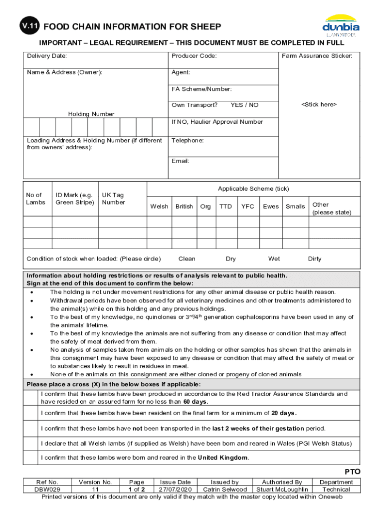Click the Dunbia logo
341,25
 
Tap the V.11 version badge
30,27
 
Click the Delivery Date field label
47,56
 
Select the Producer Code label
194,56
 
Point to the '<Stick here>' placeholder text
319,104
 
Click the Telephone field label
188,141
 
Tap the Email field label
181,161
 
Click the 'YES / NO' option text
244,105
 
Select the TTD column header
225,206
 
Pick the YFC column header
247,206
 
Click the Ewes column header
271,206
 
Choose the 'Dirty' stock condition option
315,258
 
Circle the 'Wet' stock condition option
274,258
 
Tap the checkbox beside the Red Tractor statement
30,398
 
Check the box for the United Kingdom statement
30,458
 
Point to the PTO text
352,472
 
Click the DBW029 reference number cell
48,490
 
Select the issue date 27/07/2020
175,490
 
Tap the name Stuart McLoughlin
282,490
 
